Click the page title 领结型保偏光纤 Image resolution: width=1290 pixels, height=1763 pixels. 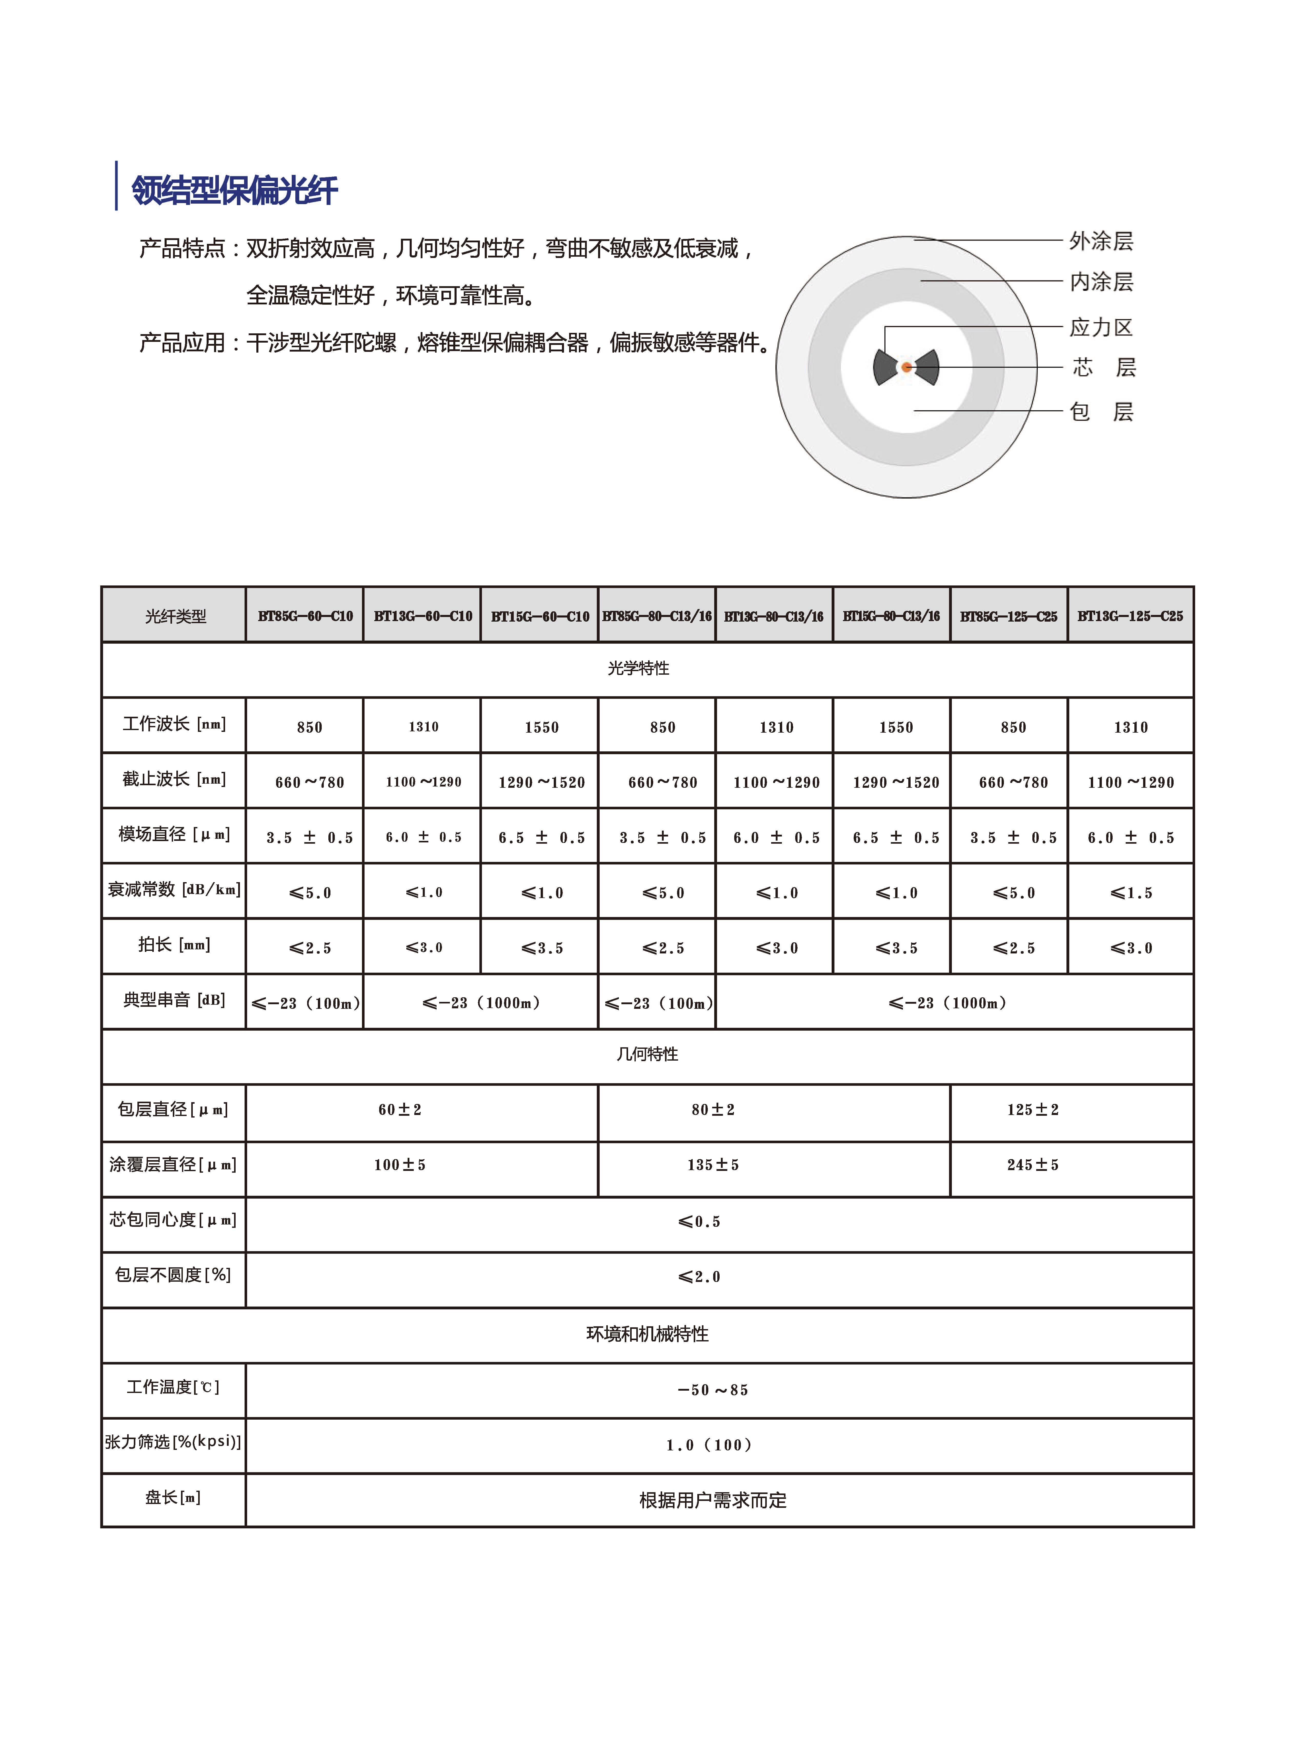[234, 190]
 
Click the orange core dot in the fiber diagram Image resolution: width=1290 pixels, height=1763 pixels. [906, 367]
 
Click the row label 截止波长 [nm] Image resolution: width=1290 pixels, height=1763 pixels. [173, 779]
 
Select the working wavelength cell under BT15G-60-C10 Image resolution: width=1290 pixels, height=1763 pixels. [541, 727]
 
